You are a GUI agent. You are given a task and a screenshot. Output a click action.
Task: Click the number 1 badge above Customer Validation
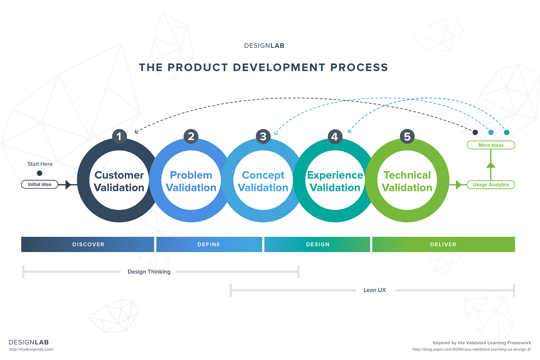click(119, 137)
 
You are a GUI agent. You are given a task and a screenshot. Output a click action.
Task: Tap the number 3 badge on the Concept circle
click(263, 137)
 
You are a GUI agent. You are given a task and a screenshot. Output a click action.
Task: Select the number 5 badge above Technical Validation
click(407, 137)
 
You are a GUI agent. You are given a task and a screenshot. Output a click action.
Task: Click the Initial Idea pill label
click(39, 184)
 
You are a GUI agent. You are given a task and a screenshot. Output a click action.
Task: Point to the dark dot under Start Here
click(39, 173)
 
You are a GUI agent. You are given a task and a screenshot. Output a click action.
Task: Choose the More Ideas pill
click(491, 145)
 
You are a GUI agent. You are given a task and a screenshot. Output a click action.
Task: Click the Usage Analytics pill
click(491, 185)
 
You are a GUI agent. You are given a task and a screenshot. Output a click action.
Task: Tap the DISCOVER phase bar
click(88, 244)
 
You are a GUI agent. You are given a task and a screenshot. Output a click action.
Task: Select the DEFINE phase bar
click(209, 244)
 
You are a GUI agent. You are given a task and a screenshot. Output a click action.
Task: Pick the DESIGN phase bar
click(317, 244)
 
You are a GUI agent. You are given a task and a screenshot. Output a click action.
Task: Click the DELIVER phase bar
click(444, 244)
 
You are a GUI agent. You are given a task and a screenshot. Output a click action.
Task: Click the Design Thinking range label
click(149, 272)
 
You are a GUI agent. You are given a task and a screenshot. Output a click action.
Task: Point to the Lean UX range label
click(375, 290)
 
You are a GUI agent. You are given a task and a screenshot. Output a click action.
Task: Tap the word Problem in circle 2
click(191, 175)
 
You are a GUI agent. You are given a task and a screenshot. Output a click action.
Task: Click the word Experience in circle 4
click(335, 175)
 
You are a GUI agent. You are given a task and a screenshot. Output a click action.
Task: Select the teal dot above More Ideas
click(507, 132)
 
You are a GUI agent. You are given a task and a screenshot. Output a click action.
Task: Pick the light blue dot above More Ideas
click(491, 132)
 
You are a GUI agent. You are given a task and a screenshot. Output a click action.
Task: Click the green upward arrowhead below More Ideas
click(491, 165)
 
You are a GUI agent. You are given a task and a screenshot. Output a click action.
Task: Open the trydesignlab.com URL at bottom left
click(31, 349)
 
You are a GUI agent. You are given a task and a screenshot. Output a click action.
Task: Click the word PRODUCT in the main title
click(197, 67)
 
